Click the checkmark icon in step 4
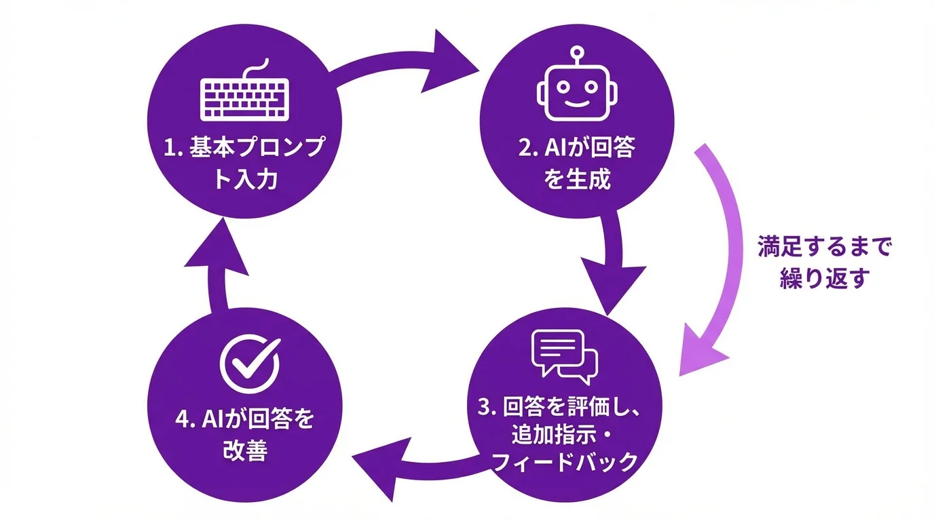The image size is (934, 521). [x=249, y=363]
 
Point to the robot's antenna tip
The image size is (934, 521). [x=577, y=50]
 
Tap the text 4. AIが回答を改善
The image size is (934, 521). [x=244, y=435]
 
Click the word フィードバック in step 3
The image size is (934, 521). [x=564, y=462]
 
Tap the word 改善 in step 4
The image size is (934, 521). [x=244, y=451]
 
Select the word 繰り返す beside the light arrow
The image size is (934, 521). [x=823, y=279]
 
